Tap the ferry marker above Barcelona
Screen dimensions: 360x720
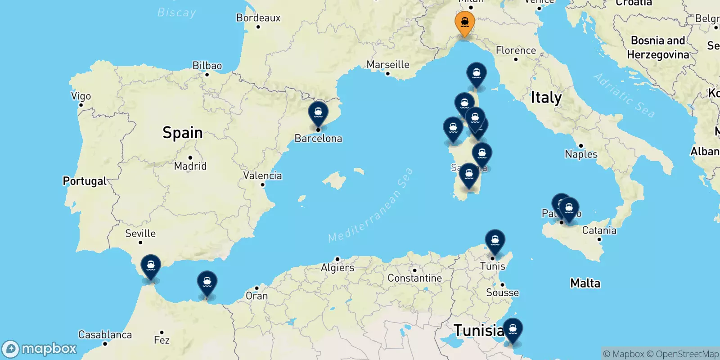click(x=318, y=112)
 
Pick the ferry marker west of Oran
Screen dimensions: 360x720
click(x=207, y=282)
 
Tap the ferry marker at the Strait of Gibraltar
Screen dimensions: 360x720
click(x=151, y=266)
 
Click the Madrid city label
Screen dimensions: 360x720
click(x=190, y=166)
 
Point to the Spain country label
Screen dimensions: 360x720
click(x=182, y=133)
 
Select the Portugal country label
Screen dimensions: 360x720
click(x=85, y=181)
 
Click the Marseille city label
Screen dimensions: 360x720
click(x=388, y=65)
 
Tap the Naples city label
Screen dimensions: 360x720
click(x=581, y=154)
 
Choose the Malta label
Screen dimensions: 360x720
click(x=585, y=283)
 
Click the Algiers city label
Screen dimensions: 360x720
click(x=337, y=268)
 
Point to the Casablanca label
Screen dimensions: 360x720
click(x=105, y=335)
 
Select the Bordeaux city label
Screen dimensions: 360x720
click(x=258, y=18)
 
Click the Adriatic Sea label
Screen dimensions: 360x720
click(x=624, y=95)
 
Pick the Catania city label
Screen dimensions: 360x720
click(x=599, y=230)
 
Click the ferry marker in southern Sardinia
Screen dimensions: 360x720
click(x=469, y=174)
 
